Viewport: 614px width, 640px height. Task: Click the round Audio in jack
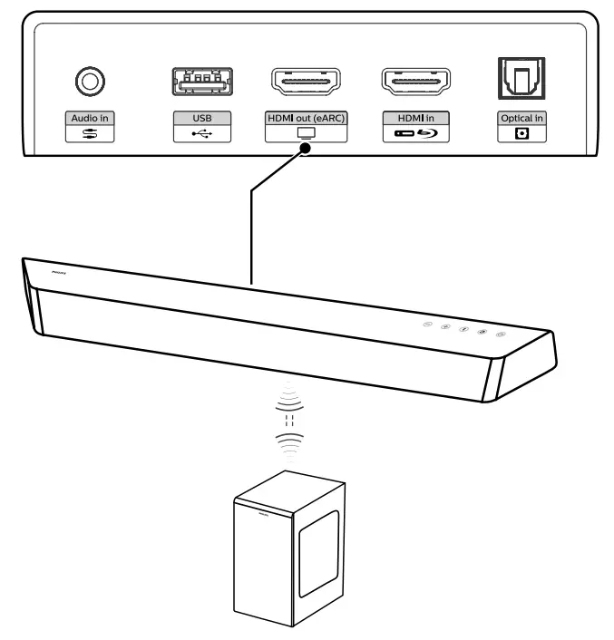click(x=88, y=82)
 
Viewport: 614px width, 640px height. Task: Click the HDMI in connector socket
click(x=416, y=82)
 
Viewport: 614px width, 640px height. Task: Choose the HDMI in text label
click(x=416, y=119)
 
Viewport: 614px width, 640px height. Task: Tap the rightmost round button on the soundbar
click(x=502, y=336)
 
